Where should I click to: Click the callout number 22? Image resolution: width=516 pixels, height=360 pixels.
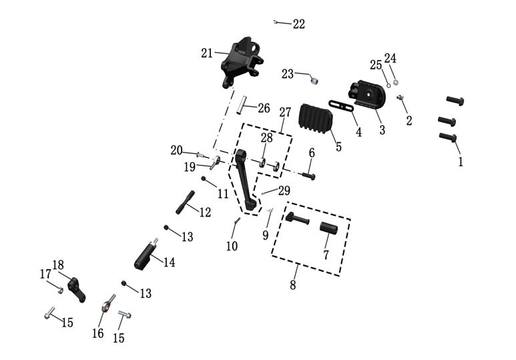[298, 24]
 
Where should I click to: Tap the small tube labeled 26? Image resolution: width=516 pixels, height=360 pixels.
[244, 106]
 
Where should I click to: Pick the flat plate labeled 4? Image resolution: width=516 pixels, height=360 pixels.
[342, 106]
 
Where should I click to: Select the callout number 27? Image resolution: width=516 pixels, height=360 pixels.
[285, 112]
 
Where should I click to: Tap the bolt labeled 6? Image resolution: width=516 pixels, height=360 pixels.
[308, 176]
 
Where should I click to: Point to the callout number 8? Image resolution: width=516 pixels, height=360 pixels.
[292, 286]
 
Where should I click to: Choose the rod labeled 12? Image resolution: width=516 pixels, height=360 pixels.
[185, 201]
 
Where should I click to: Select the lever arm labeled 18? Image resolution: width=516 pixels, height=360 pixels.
[77, 289]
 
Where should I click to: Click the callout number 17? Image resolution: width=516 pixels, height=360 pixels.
[45, 274]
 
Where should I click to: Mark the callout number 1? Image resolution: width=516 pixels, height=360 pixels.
[459, 161]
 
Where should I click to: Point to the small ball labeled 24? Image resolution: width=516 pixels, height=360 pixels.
[395, 82]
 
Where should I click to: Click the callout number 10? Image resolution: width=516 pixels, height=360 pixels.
[232, 246]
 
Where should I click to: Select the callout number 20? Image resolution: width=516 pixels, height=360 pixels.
[176, 150]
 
